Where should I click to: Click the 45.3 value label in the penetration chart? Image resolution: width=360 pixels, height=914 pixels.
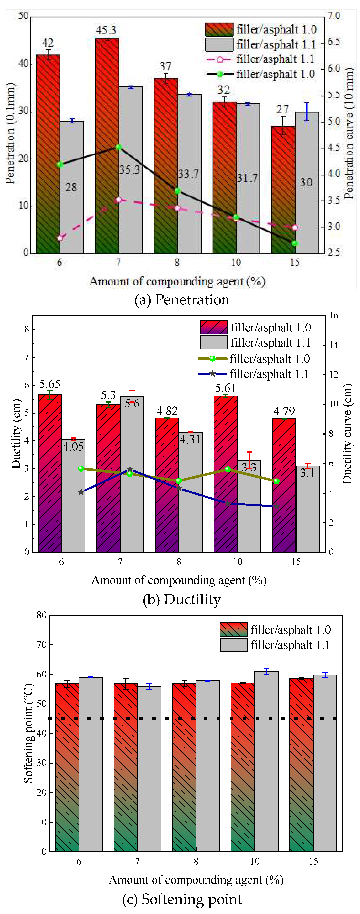click(x=106, y=30)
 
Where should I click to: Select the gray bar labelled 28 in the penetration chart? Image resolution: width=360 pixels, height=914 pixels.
click(x=72, y=213)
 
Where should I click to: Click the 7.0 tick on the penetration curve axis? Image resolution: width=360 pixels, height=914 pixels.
click(x=333, y=16)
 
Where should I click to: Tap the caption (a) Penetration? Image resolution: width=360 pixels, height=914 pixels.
click(x=182, y=300)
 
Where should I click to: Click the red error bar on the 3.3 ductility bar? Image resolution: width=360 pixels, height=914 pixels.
click(x=249, y=460)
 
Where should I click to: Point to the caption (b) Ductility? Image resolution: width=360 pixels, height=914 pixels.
click(x=182, y=600)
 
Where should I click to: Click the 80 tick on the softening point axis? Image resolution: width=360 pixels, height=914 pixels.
click(x=41, y=615)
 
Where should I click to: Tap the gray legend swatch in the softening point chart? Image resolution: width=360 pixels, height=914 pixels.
click(x=233, y=645)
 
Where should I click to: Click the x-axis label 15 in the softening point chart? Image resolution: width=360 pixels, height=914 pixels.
click(x=313, y=861)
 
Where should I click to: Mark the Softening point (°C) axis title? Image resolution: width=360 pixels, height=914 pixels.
click(x=28, y=733)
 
